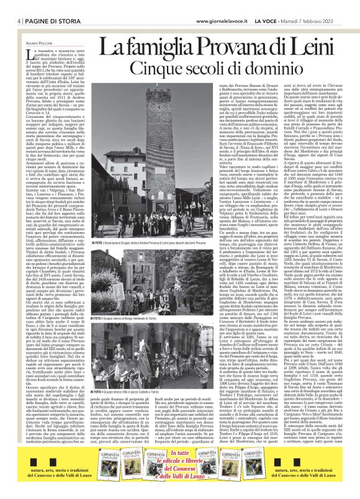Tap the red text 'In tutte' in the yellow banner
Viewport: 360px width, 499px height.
tap(179, 457)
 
